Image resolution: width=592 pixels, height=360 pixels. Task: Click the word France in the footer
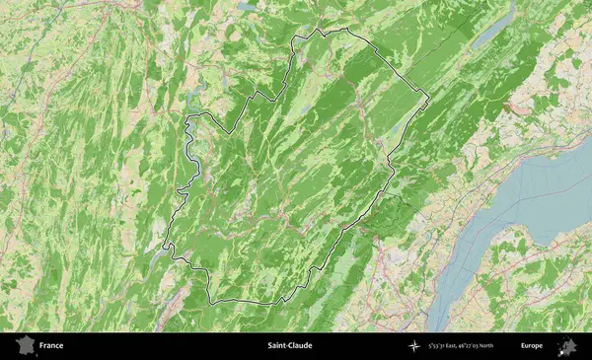51,346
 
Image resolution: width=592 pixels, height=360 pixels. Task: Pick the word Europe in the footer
532,346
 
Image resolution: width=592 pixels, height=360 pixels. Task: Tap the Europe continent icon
567,346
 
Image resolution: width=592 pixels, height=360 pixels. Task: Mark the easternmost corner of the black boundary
429,101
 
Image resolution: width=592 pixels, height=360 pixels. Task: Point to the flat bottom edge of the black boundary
247,300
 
